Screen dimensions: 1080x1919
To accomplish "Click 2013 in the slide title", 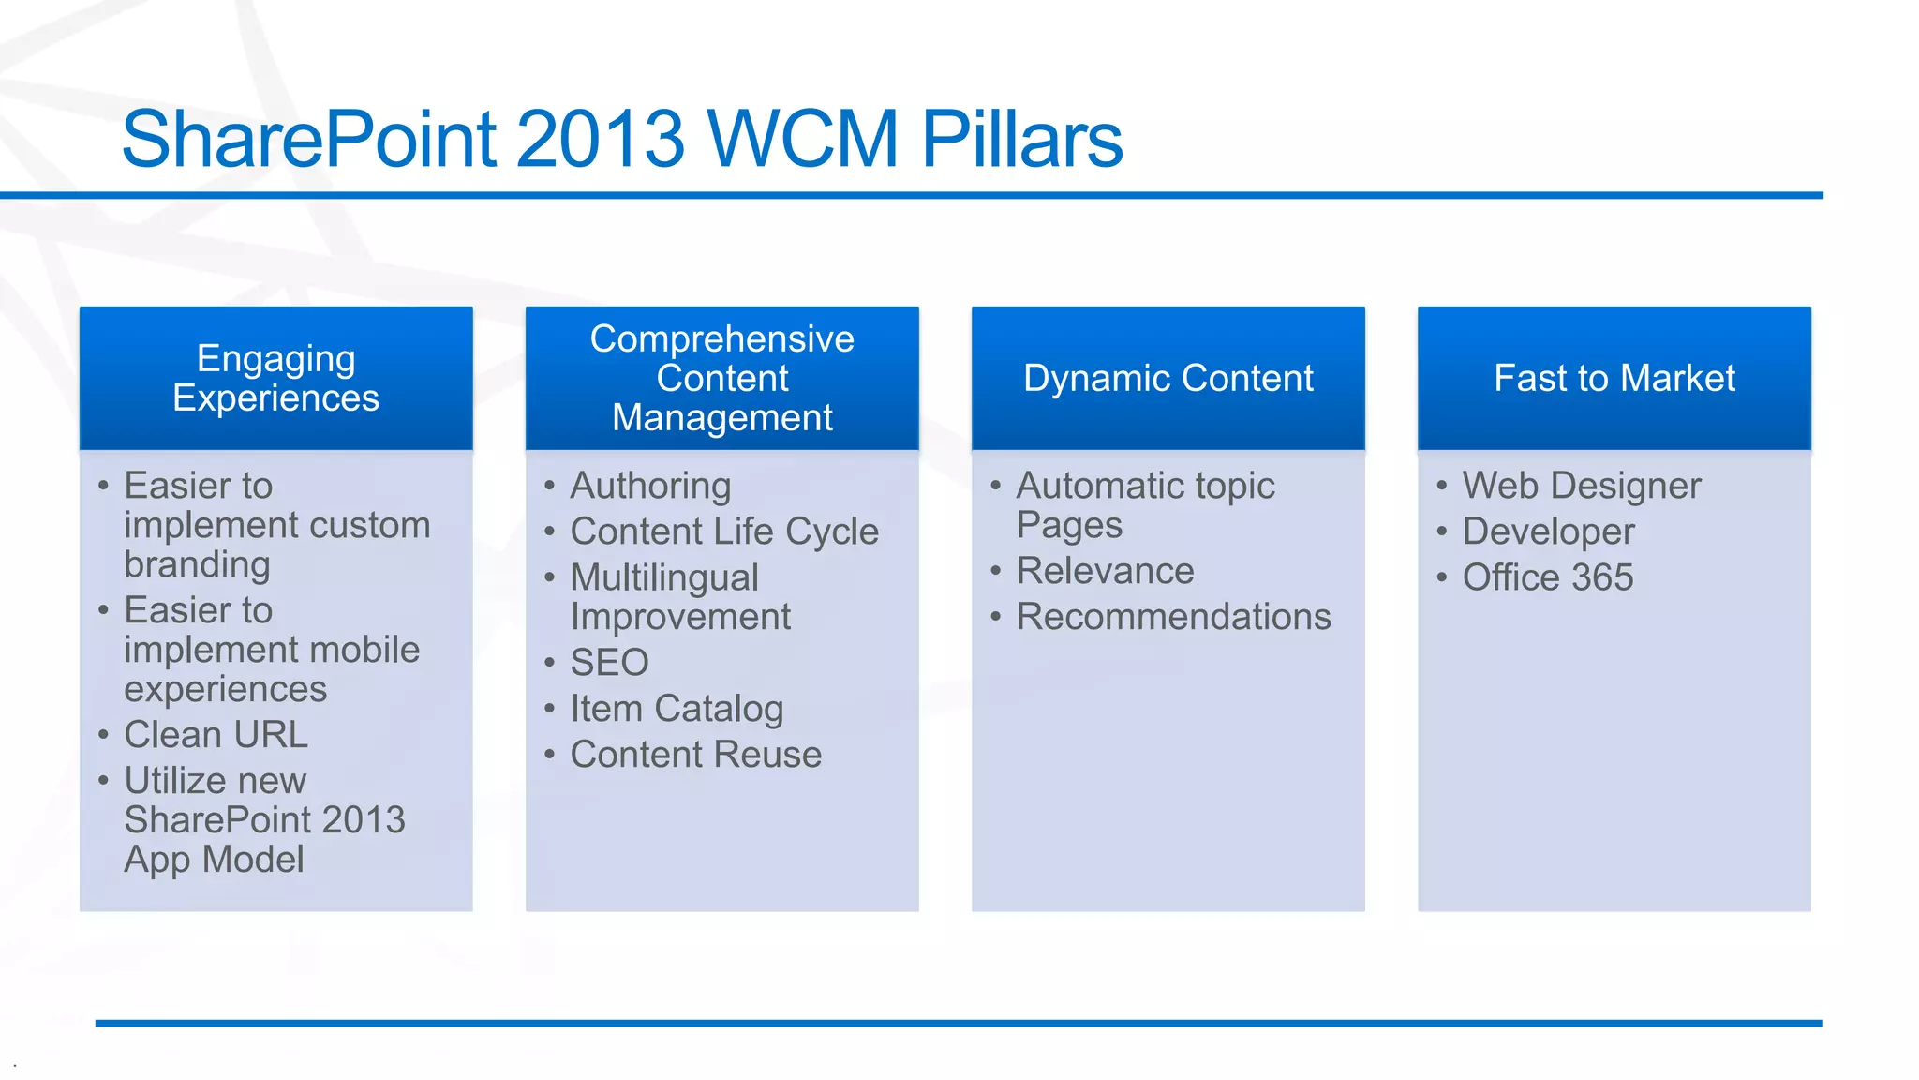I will pyautogui.click(x=600, y=139).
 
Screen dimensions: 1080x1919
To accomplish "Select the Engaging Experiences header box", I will pyautogui.click(x=275, y=378).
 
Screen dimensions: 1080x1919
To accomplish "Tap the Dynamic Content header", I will pyautogui.click(x=1168, y=378).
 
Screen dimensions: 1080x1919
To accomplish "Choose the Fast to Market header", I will pyautogui.click(x=1614, y=378).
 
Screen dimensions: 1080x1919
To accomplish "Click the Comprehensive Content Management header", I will pyautogui.click(x=721, y=378).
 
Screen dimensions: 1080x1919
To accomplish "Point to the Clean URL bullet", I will pyautogui.click(x=216, y=734).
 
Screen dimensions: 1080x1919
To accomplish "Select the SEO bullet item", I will pyautogui.click(x=609, y=663).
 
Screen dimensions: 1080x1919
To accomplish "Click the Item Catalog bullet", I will pyautogui.click(x=677, y=709).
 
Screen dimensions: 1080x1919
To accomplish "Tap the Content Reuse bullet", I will pyautogui.click(x=695, y=755).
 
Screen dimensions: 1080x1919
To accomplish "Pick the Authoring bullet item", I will pyautogui.click(x=650, y=486).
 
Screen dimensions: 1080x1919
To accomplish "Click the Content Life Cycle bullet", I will pyautogui.click(x=724, y=532).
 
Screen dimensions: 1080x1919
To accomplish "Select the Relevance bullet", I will pyautogui.click(x=1105, y=571).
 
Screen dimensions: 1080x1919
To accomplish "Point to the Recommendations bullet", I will pyautogui.click(x=1173, y=617).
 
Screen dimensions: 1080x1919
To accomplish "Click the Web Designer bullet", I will pyautogui.click(x=1581, y=486).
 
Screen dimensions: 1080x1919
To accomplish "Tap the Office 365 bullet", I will pyautogui.click(x=1547, y=577).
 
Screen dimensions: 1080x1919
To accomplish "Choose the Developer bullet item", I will pyautogui.click(x=1548, y=532).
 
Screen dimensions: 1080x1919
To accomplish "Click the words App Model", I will pyautogui.click(x=214, y=860).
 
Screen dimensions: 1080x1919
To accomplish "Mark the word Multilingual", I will pyautogui.click(x=663, y=577).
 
